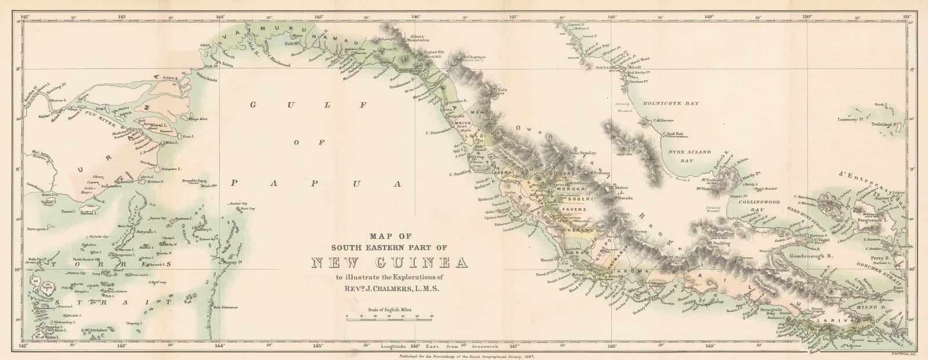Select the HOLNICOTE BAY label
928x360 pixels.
[671, 103]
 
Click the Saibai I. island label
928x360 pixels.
[85, 213]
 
